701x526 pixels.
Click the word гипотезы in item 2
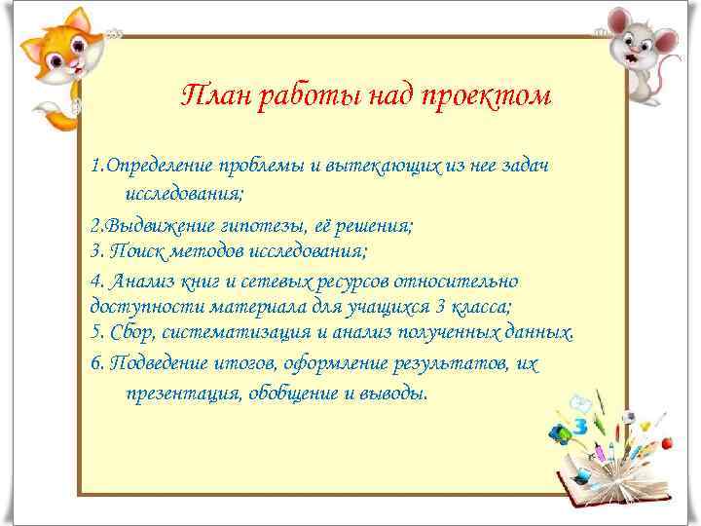pos(265,225)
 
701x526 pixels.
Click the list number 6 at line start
pos(93,363)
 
